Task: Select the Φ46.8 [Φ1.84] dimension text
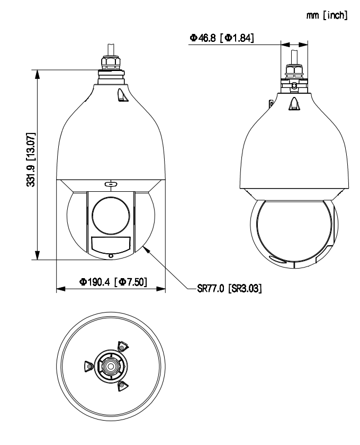221,38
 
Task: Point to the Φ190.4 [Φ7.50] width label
111,281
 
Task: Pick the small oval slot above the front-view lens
110,184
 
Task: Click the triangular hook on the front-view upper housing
121,95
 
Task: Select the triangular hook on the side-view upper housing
293,104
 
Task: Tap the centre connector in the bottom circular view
110,366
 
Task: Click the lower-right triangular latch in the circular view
122,385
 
